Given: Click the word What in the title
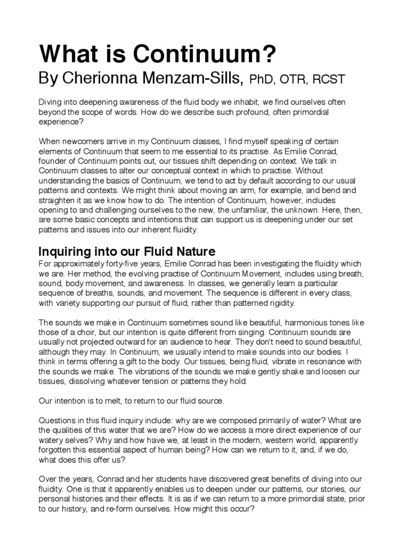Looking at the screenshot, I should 65,55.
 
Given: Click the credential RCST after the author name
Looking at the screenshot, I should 329,80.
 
